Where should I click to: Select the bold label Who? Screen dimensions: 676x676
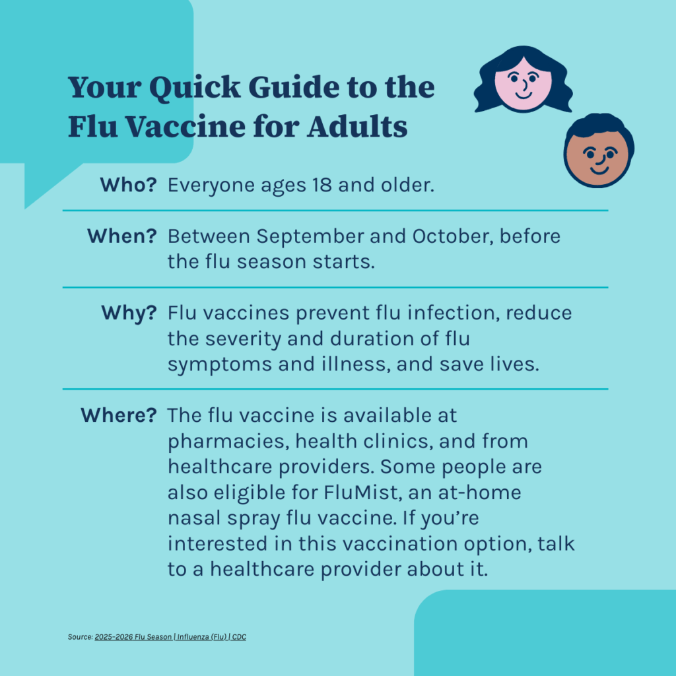click(129, 185)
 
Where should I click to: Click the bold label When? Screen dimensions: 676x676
click(122, 236)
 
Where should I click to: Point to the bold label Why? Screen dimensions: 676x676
click(129, 314)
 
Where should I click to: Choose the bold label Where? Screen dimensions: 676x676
click(119, 415)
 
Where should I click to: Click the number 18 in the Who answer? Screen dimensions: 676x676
click(322, 185)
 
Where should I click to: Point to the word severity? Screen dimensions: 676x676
click(243, 339)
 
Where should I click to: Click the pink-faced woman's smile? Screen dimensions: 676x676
click(524, 95)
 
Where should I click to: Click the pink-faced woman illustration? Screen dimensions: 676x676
click(524, 79)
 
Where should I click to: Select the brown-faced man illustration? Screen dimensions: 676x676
click(599, 151)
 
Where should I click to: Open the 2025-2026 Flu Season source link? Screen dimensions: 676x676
click(133, 637)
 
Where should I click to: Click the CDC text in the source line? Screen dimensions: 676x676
click(239, 637)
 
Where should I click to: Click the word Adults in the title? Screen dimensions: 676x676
click(357, 127)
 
